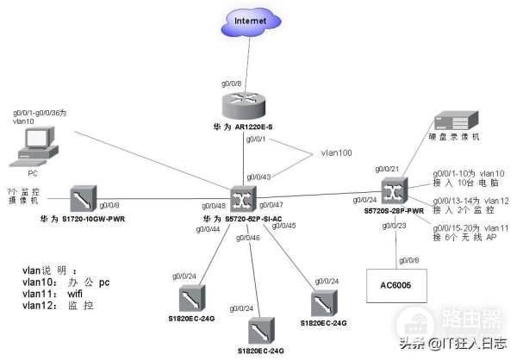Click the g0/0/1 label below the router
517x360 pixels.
pos(256,139)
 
